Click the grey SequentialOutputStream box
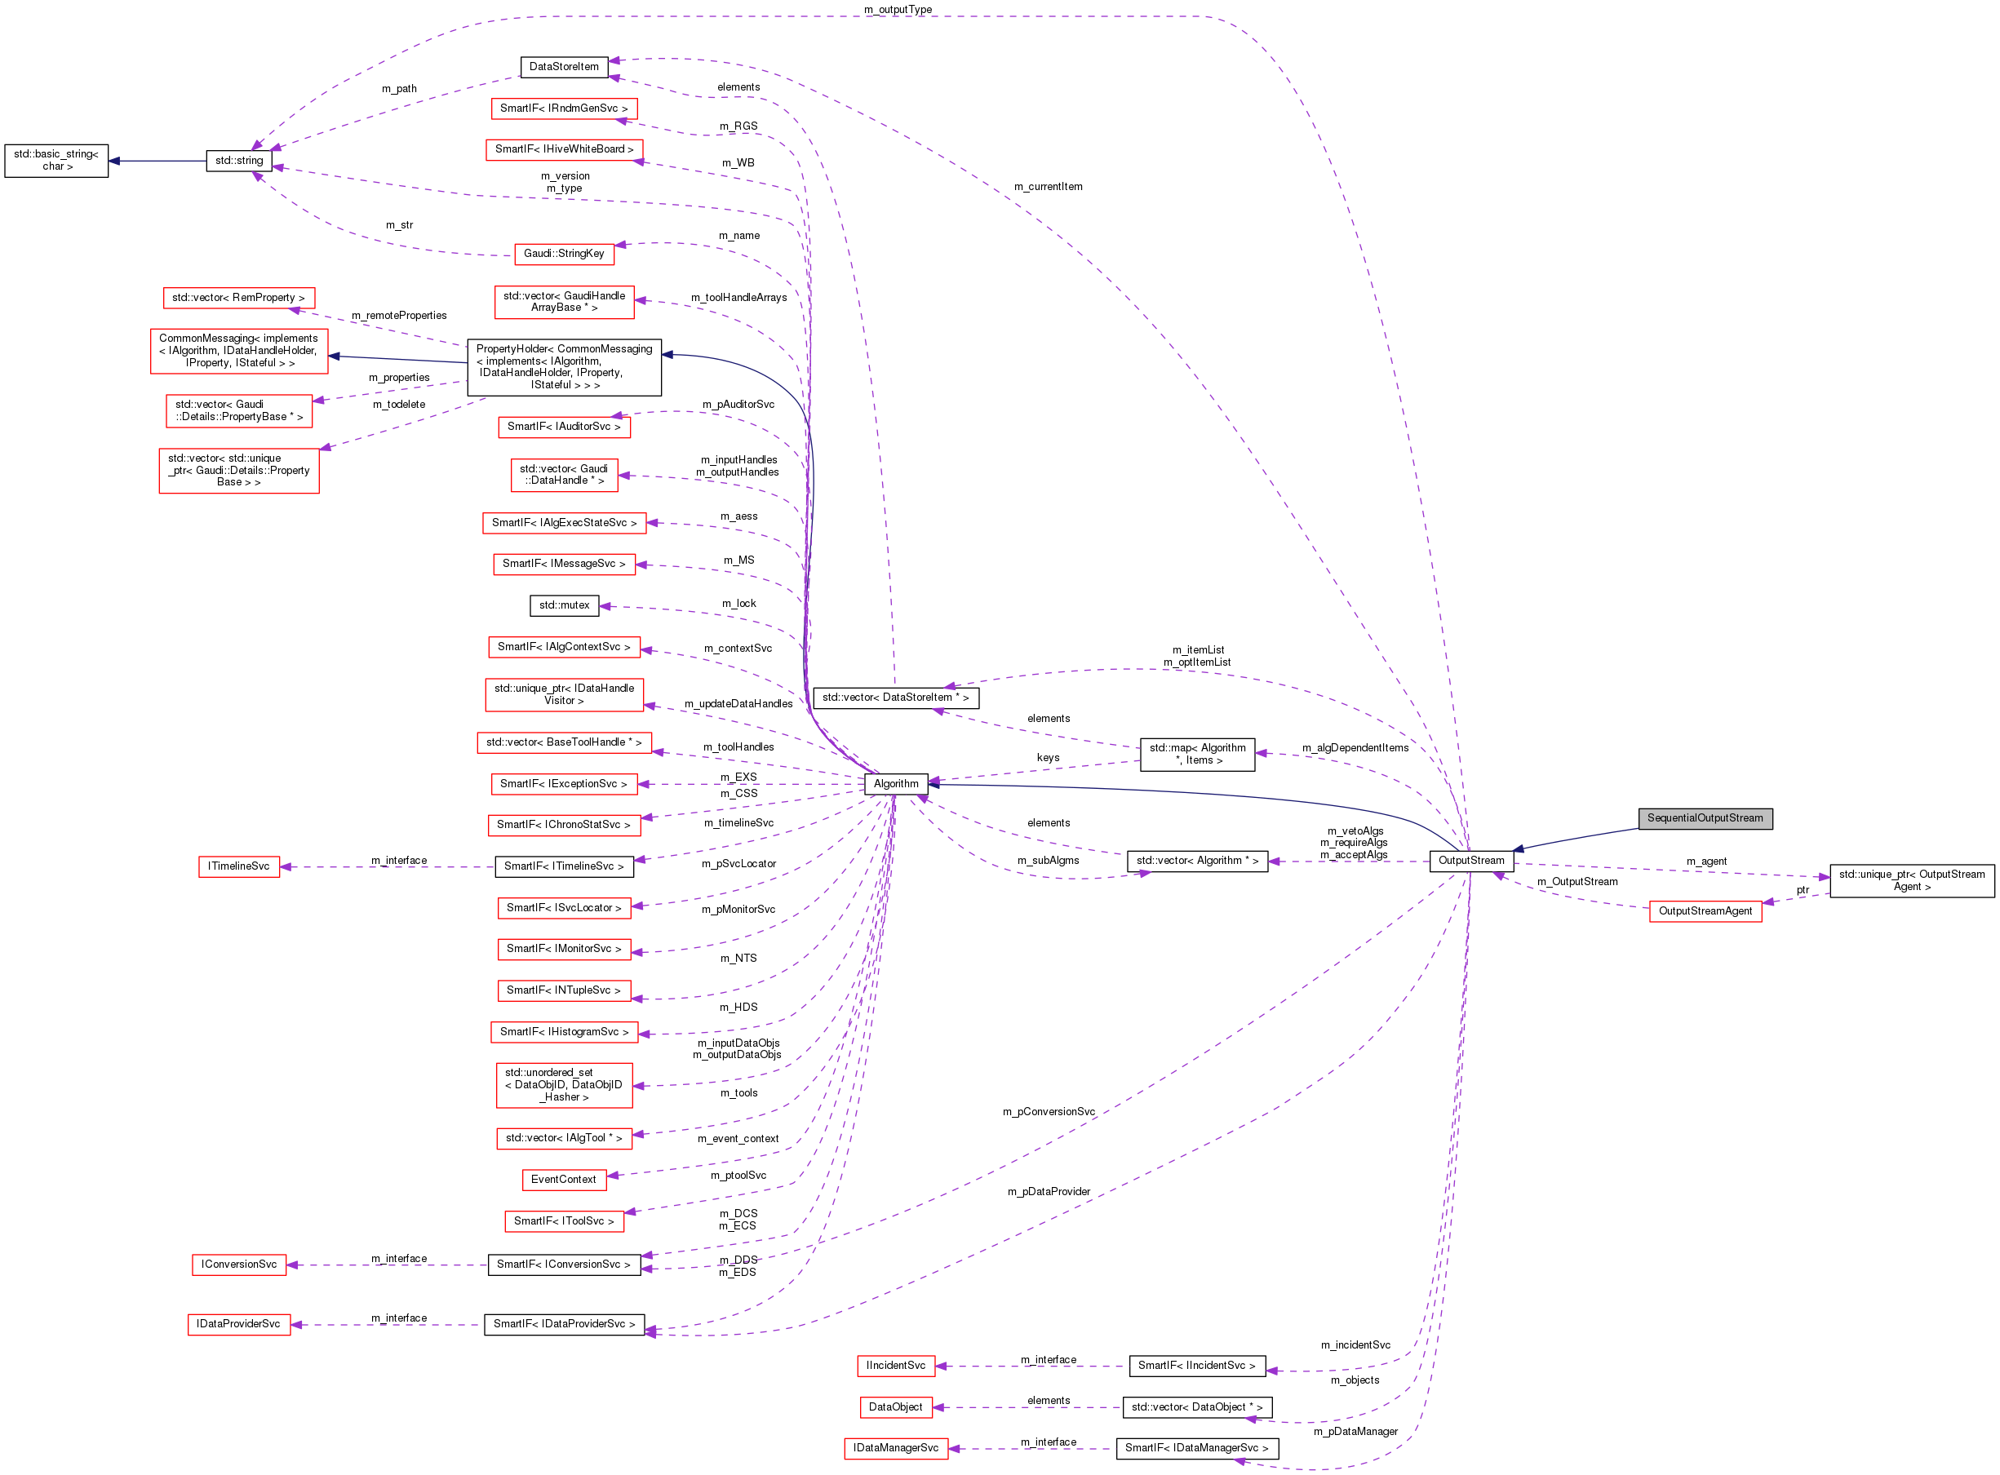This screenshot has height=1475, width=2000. pos(1705,819)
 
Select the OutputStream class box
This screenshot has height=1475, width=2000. pos(1470,862)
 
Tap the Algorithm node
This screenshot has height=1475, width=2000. pos(895,785)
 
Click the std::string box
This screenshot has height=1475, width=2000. pos(238,162)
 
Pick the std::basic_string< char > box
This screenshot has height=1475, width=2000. pos(56,161)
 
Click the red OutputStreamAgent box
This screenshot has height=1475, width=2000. pos(1705,911)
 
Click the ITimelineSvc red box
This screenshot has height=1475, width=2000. pos(238,867)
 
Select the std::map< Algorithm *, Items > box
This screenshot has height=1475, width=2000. pos(1196,755)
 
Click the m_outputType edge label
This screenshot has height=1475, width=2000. pos(898,10)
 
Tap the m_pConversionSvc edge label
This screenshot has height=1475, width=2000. pos(1049,1113)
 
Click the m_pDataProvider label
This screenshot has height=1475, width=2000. pos(1049,1192)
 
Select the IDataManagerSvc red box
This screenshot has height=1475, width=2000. pos(894,1449)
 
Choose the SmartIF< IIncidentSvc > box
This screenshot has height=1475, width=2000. pos(1196,1366)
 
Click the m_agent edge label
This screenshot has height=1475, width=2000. pos(1705,862)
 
